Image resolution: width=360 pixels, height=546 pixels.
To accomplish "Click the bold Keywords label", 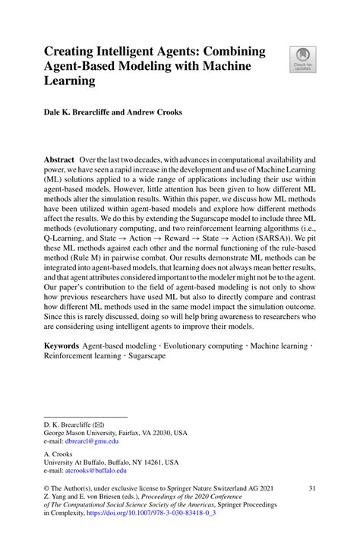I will coord(62,344).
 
